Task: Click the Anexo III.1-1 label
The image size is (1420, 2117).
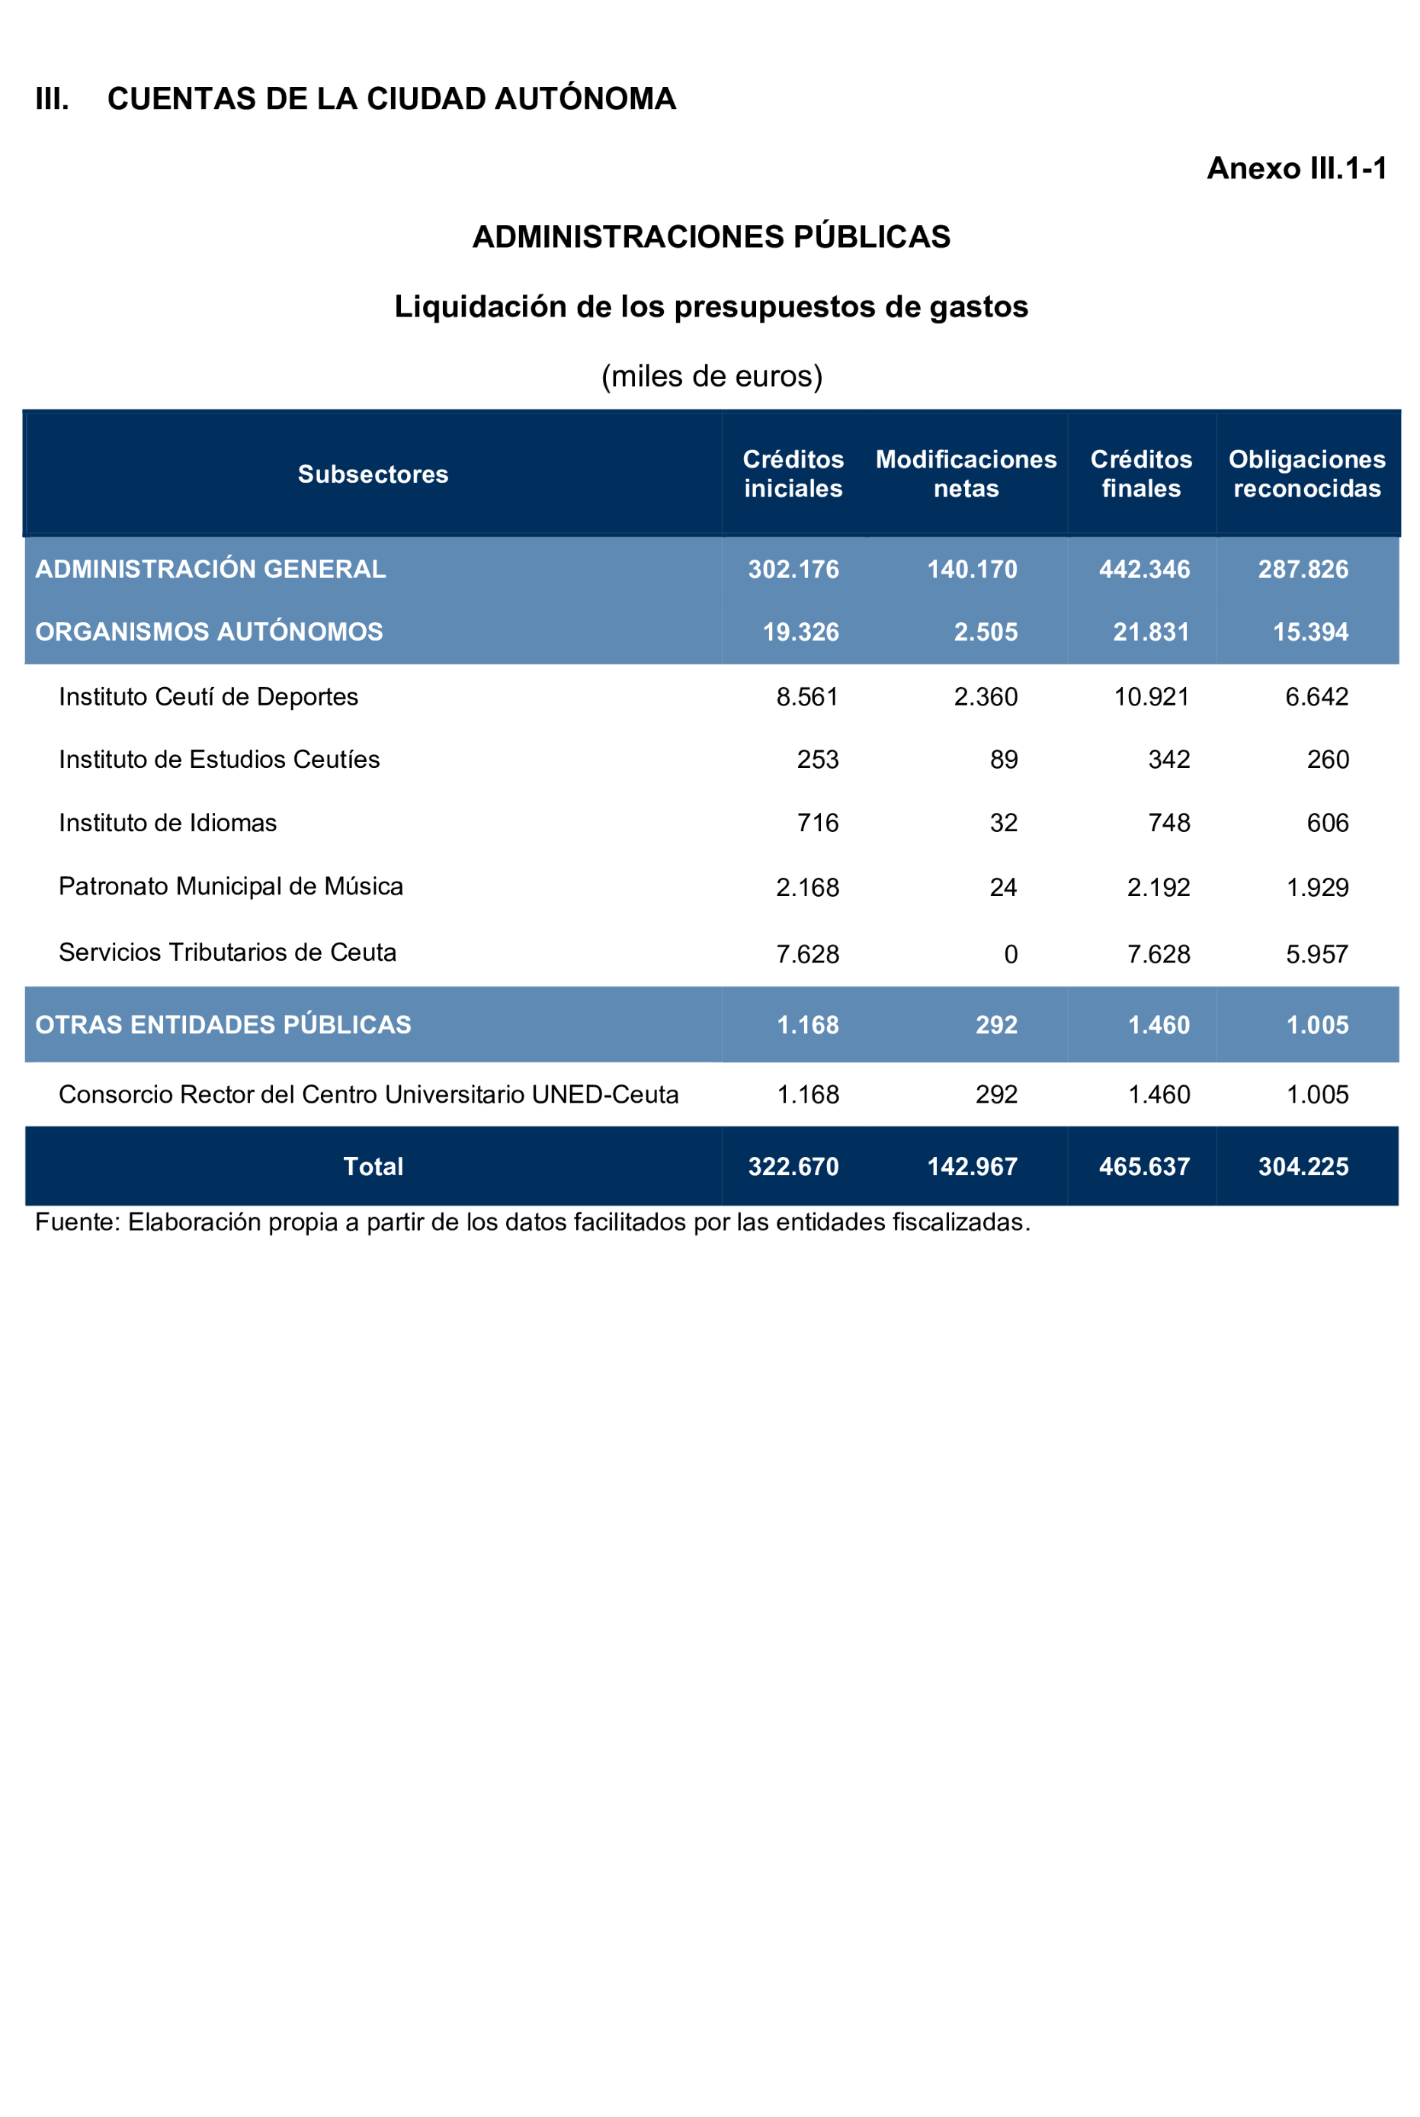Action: point(1296,169)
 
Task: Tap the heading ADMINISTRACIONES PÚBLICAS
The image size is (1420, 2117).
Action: point(711,236)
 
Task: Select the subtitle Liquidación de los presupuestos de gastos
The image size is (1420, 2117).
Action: point(711,307)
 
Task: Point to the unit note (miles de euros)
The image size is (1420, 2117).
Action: point(711,376)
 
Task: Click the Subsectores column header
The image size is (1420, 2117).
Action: point(373,474)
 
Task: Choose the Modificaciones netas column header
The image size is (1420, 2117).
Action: point(966,474)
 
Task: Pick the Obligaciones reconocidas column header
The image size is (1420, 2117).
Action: point(1306,474)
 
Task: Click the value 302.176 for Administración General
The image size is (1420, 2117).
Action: point(793,569)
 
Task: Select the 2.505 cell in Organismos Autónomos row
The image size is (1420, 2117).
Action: point(986,631)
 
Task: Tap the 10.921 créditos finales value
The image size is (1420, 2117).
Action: point(1151,696)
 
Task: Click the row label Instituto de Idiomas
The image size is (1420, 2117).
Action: point(168,823)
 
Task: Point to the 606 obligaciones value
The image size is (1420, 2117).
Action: point(1328,823)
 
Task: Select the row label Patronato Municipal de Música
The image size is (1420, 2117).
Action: point(231,886)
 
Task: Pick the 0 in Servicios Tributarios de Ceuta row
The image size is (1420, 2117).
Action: point(1011,954)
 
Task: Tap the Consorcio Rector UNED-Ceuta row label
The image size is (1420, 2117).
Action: point(369,1094)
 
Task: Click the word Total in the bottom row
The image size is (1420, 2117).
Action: point(373,1166)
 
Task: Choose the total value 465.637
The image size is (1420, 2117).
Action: point(1144,1166)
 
